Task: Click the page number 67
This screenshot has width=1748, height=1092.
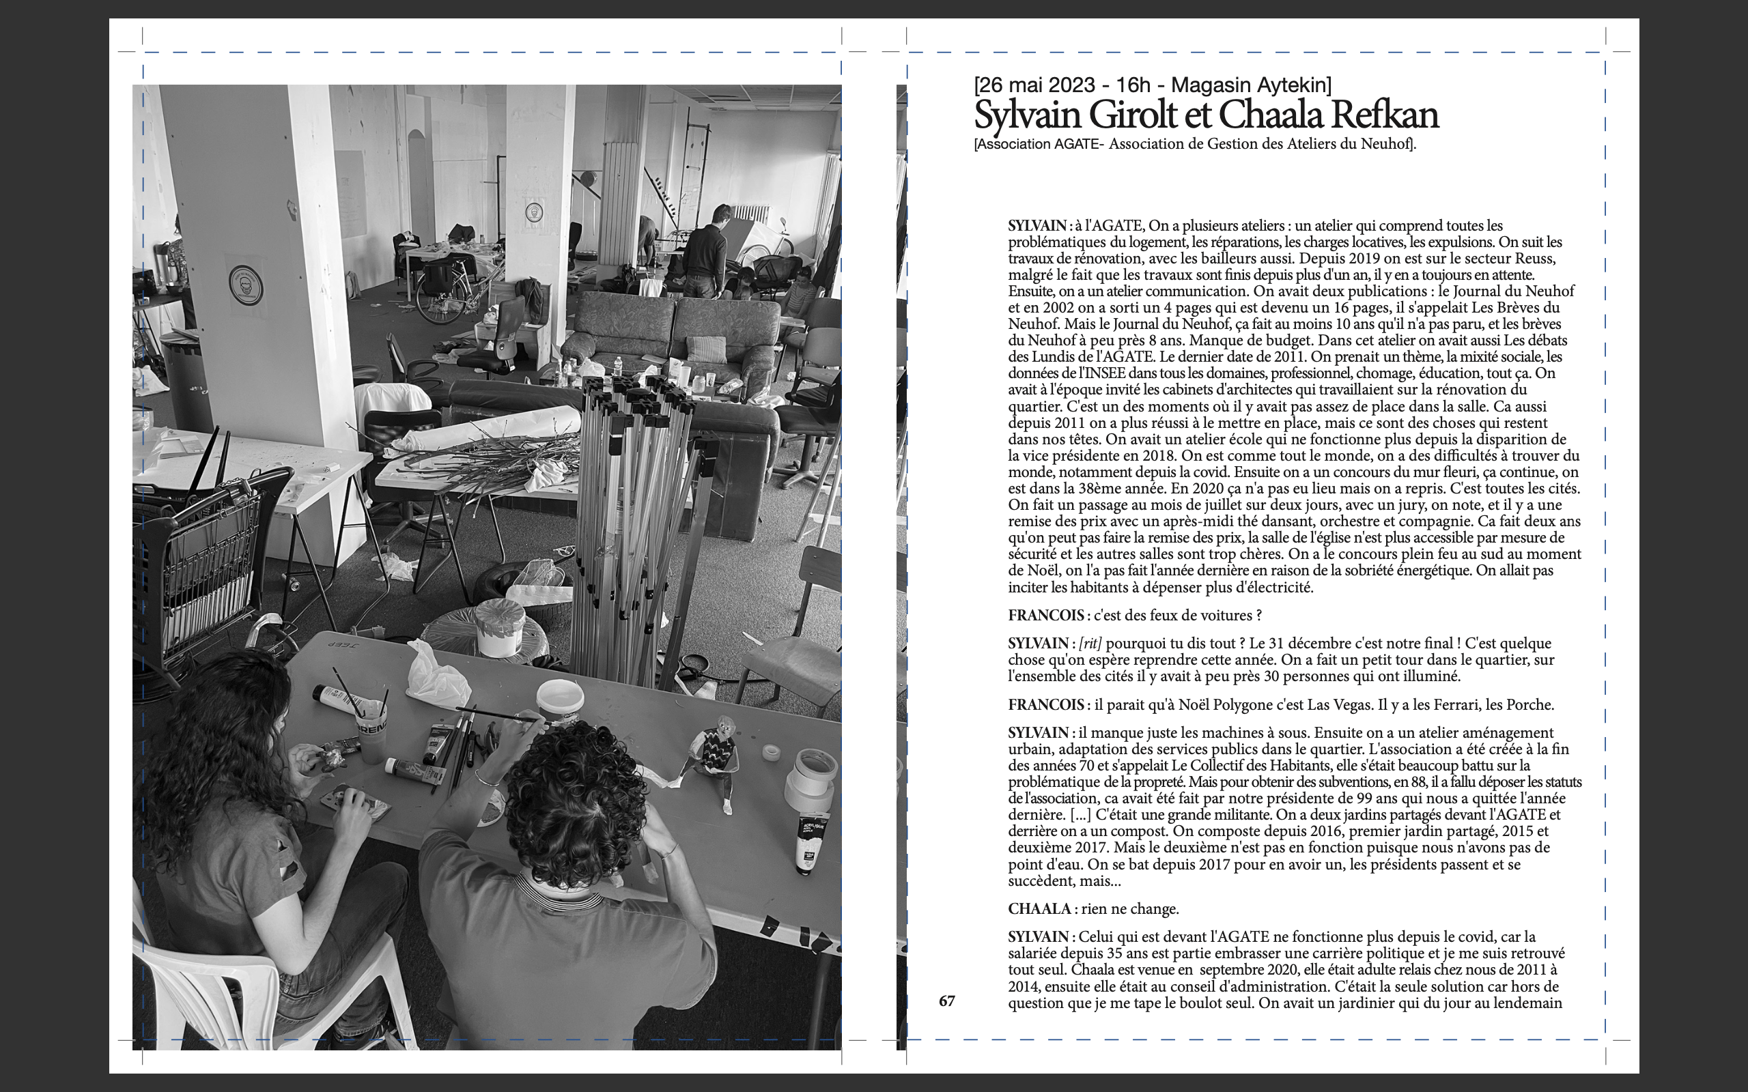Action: point(946,1001)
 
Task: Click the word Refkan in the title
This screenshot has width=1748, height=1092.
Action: point(1385,115)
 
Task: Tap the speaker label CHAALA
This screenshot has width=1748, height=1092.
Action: point(1039,908)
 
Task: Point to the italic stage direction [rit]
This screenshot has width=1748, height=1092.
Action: point(1090,644)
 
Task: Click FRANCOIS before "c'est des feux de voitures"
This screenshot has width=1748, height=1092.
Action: point(1046,616)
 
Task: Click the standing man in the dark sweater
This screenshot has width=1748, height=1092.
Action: point(706,253)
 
